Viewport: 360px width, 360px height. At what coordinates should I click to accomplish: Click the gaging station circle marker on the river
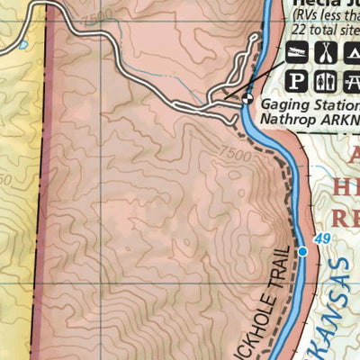tap(247, 100)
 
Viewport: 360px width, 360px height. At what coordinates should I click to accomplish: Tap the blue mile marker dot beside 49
tap(302, 252)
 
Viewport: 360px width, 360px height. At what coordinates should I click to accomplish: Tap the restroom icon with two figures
tap(325, 83)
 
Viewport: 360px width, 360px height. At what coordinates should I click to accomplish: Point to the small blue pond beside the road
tap(24, 43)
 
